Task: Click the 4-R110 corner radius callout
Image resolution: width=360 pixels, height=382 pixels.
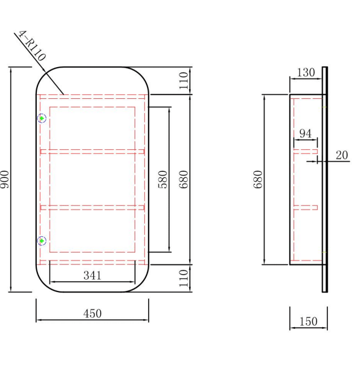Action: (x=32, y=46)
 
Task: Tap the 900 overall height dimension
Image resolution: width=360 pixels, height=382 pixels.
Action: (x=5, y=179)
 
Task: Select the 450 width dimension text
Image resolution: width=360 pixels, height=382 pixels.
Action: (x=92, y=314)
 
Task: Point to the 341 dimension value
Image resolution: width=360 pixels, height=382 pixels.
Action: (x=92, y=276)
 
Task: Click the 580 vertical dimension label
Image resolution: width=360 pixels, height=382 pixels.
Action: (x=163, y=179)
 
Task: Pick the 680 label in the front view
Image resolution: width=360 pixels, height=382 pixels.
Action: (x=184, y=179)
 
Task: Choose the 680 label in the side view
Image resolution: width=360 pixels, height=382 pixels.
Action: (x=258, y=179)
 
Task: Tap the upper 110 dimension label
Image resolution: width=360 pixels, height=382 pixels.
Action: (x=184, y=81)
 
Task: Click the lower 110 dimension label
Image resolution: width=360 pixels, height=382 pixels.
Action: (x=184, y=278)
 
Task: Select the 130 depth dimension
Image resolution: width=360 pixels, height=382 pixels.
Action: (x=306, y=72)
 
